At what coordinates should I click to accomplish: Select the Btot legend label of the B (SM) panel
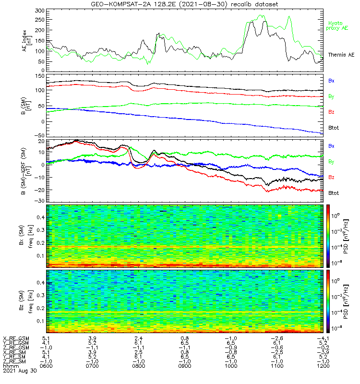point(334,128)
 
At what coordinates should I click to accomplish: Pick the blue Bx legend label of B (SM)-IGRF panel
point(332,145)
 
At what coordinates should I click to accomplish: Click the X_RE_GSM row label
point(15,338)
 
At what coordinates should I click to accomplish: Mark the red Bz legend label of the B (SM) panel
point(332,112)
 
